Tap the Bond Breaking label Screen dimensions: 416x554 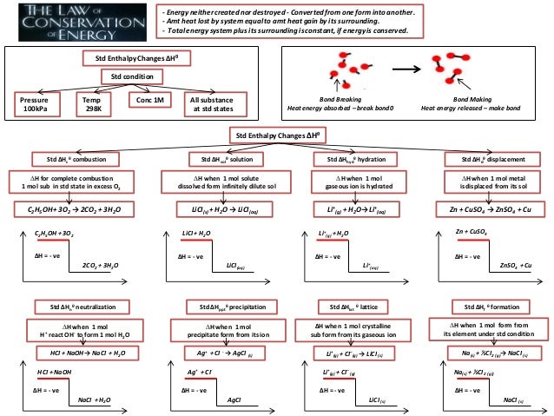pyautogui.click(x=340, y=101)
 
